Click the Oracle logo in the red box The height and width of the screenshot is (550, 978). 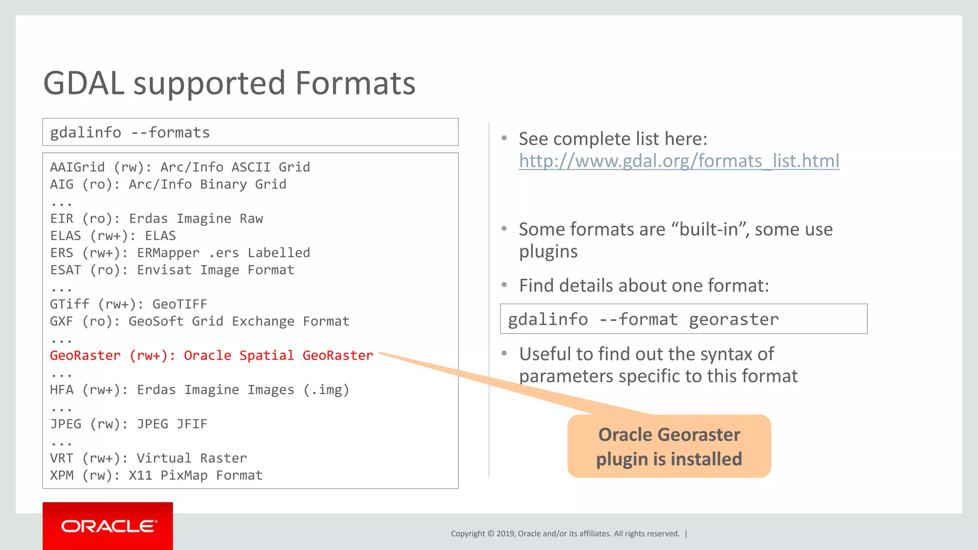(108, 526)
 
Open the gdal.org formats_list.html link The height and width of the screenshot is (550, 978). (679, 161)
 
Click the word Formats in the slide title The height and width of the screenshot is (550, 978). (355, 84)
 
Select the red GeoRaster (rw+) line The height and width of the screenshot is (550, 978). (212, 356)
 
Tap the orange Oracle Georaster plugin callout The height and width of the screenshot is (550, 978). (669, 446)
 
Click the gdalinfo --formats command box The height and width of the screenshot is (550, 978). (250, 132)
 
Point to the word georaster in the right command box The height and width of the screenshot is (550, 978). (733, 319)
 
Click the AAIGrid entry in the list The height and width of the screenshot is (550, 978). (77, 167)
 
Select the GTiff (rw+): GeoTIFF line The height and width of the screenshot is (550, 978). (128, 304)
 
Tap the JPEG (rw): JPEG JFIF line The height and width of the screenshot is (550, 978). (128, 424)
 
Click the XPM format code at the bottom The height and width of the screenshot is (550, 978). (62, 476)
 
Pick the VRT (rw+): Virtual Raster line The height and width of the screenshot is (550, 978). (148, 458)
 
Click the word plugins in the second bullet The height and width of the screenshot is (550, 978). (548, 252)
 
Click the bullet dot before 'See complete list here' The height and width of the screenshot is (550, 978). (504, 138)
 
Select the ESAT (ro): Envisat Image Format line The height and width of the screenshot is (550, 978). (172, 270)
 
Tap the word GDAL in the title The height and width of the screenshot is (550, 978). (84, 84)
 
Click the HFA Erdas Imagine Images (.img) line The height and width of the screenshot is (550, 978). (199, 390)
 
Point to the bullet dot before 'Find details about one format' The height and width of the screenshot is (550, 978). (504, 285)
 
